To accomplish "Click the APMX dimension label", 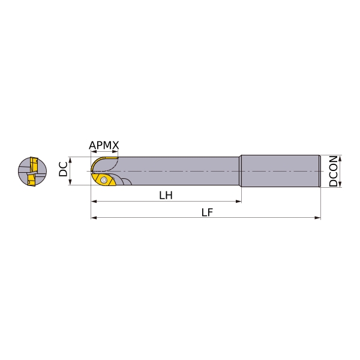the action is tap(104, 145).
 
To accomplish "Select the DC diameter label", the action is tap(63, 169).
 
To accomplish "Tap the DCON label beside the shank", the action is tap(334, 171).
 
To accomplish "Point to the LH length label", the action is tap(166, 196).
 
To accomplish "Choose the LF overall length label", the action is tap(207, 212).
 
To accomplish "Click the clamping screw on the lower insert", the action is tap(104, 180).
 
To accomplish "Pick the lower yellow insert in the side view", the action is tap(103, 179).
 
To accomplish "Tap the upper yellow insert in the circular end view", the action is tap(33, 163).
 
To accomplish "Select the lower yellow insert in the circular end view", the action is tap(31, 180).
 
